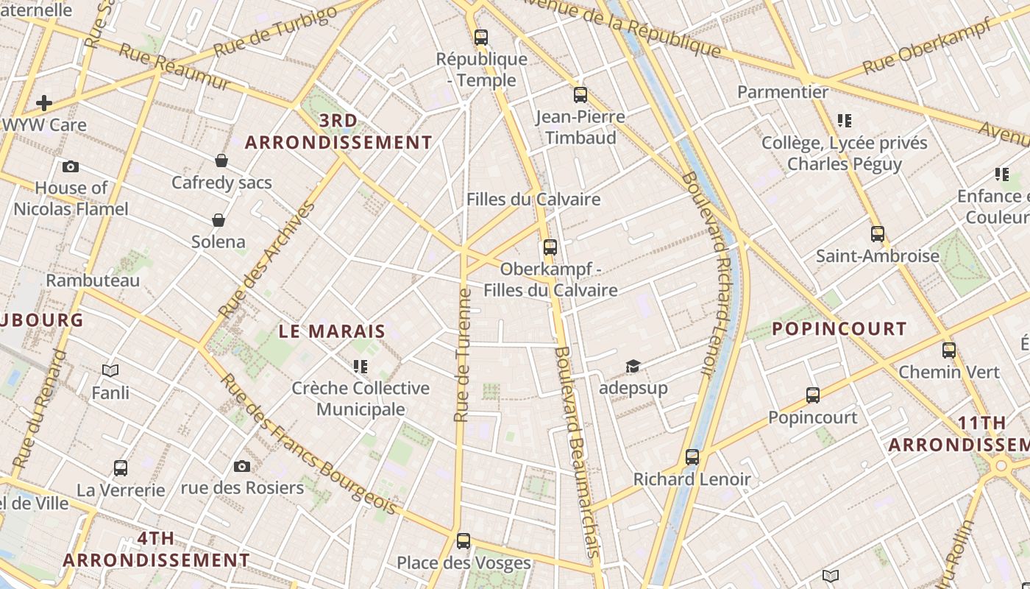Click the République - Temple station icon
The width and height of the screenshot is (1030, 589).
(481, 37)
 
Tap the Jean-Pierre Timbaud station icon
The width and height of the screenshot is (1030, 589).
(580, 94)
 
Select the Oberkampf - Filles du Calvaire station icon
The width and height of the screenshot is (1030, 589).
(550, 247)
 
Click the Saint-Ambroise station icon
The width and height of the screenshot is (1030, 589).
(878, 234)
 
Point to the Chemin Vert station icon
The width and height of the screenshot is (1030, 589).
(949, 350)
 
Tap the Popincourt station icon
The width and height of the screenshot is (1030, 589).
(813, 395)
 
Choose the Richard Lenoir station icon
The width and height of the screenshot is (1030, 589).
(692, 457)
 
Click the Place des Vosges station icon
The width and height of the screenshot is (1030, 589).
(464, 541)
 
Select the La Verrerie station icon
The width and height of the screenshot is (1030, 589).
(121, 468)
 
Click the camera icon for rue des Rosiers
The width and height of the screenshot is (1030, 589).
(241, 466)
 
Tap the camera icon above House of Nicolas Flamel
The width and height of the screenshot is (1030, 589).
(71, 166)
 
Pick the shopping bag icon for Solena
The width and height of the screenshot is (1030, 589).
(219, 220)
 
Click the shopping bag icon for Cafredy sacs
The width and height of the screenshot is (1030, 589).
(221, 161)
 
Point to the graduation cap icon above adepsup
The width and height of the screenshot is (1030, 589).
(633, 366)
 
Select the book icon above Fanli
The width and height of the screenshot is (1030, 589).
(110, 370)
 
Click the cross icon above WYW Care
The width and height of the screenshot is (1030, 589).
(44, 103)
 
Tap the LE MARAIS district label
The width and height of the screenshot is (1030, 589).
(332, 331)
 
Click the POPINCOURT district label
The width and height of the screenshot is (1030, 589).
(839, 328)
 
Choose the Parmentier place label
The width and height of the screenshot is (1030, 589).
(783, 92)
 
